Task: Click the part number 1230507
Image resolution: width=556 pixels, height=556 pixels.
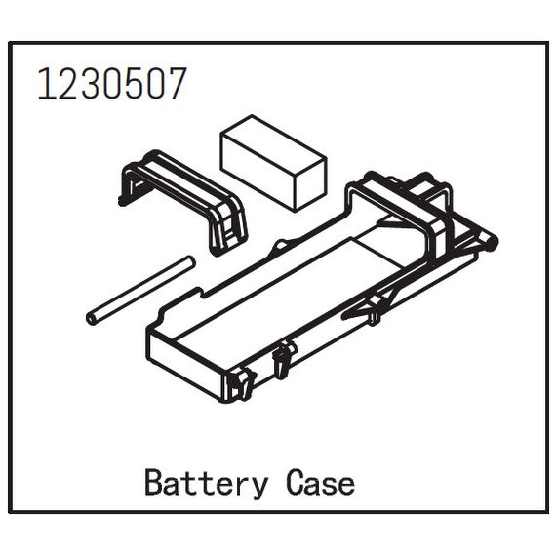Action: [x=112, y=84]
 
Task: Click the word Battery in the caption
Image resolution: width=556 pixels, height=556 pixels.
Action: [x=206, y=484]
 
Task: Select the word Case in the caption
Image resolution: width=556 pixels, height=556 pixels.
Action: [x=320, y=483]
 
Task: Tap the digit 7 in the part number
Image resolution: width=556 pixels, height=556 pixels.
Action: [x=176, y=84]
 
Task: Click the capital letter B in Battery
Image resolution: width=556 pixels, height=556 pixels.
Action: [x=154, y=482]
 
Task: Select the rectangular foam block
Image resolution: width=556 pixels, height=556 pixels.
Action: [x=273, y=163]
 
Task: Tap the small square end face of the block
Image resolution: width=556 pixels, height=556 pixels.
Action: [x=310, y=185]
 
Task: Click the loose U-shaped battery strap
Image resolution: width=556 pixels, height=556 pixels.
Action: [x=183, y=202]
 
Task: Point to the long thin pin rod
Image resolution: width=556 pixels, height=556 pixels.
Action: [x=140, y=290]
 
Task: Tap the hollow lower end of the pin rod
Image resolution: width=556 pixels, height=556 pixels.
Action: [x=92, y=319]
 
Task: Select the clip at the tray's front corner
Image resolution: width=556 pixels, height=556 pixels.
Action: [x=242, y=383]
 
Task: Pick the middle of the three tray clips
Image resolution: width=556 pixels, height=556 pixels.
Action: [x=284, y=357]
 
